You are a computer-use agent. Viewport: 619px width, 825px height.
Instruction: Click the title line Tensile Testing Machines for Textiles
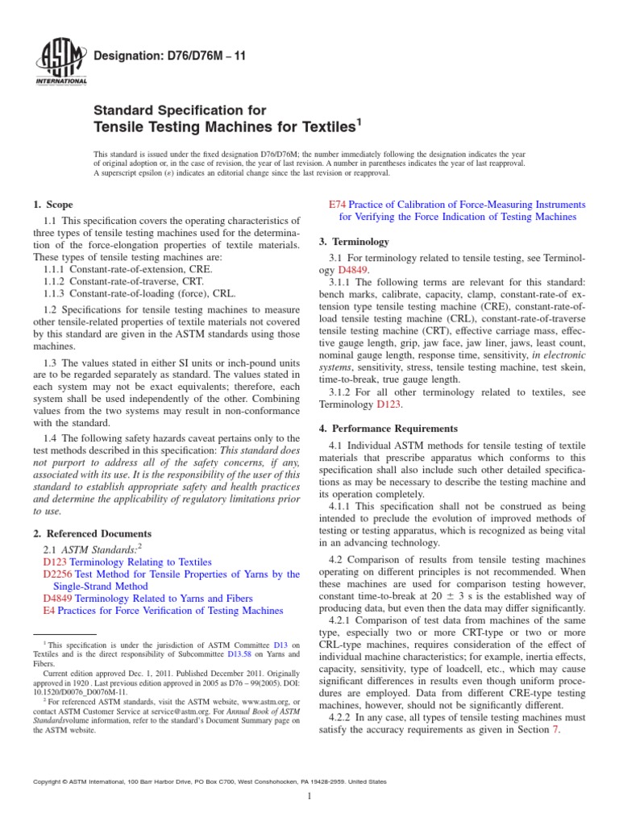pyautogui.click(x=226, y=126)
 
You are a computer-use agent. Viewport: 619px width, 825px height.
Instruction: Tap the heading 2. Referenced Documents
pyautogui.click(x=92, y=533)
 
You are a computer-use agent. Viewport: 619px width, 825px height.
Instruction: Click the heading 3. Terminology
pyautogui.click(x=355, y=242)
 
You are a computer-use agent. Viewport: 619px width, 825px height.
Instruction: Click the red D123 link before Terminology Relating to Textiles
pyautogui.click(x=55, y=562)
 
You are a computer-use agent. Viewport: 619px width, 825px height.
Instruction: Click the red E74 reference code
pyautogui.click(x=339, y=205)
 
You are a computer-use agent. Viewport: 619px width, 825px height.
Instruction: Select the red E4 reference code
pyautogui.click(x=48, y=611)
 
